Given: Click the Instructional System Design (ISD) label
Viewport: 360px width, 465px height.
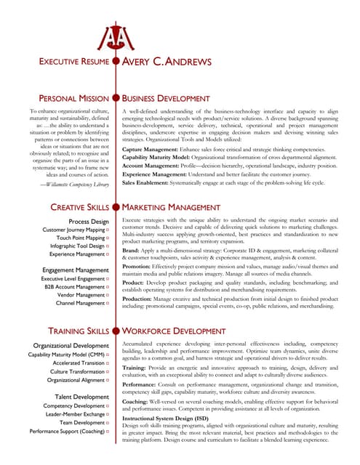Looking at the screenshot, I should (x=168, y=419).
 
